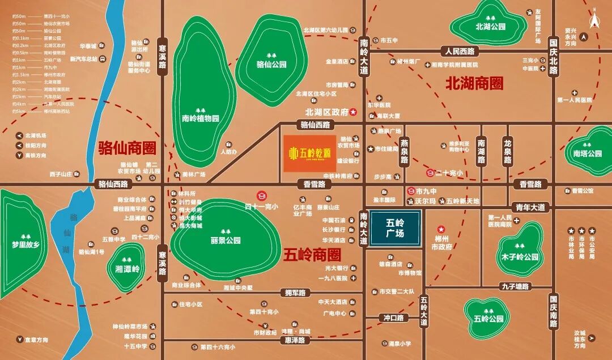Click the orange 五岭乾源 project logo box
(x=309, y=153)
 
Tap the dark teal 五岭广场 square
(x=394, y=228)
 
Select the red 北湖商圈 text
(x=475, y=84)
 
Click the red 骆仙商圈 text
(x=127, y=149)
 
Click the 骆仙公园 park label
(x=271, y=65)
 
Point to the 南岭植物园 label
(x=200, y=119)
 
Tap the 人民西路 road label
(x=462, y=51)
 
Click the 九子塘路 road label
(x=515, y=287)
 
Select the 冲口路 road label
(x=394, y=318)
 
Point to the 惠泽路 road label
(x=295, y=340)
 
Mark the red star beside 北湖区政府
(x=352, y=112)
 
